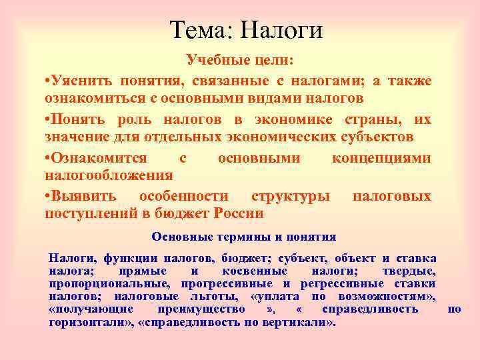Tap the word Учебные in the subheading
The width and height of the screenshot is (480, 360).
point(212,61)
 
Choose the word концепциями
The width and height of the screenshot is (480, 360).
point(381,158)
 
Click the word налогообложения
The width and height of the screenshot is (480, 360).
point(109,175)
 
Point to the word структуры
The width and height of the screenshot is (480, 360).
point(290,196)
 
